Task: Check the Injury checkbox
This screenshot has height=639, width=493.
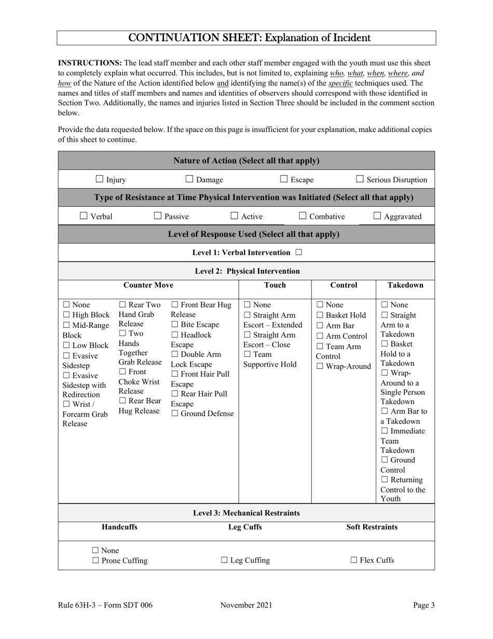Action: (100, 179)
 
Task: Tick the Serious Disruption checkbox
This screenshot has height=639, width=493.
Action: (360, 179)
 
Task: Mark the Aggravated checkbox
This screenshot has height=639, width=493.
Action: (377, 216)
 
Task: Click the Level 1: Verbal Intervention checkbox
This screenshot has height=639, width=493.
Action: (298, 252)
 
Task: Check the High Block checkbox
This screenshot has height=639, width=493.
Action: (66, 315)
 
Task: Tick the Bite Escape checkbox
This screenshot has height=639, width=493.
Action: (174, 325)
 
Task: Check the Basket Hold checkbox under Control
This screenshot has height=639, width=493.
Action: (320, 315)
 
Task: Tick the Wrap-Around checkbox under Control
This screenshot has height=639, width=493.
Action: (320, 366)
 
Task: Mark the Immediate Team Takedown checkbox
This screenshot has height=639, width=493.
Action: (385, 431)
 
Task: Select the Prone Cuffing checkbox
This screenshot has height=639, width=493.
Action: (95, 561)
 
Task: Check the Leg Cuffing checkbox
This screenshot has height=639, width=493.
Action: (224, 560)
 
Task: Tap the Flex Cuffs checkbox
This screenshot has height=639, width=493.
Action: (354, 560)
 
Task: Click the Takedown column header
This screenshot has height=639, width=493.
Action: (405, 285)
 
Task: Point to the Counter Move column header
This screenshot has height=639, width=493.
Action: (148, 285)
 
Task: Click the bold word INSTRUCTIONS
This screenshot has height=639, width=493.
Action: (90, 63)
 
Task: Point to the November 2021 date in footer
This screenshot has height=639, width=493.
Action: (246, 605)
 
